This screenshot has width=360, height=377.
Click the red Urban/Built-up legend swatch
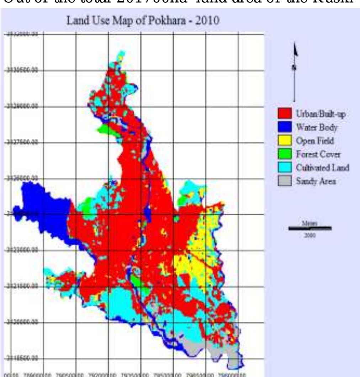284,114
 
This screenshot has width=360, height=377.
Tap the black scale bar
310,228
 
